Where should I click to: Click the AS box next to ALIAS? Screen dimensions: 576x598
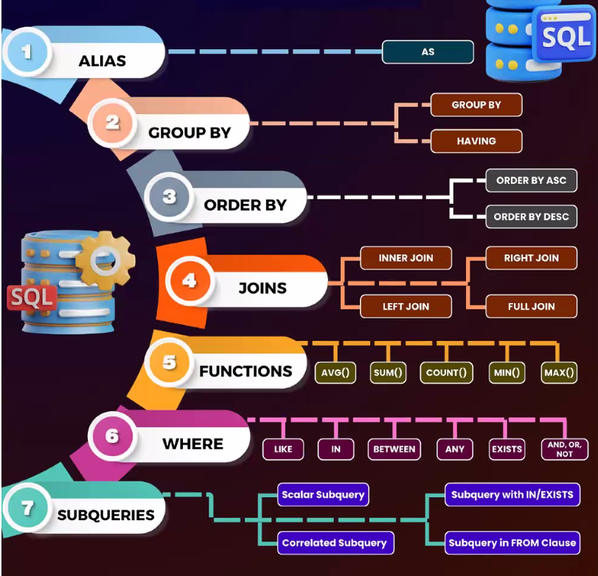pyautogui.click(x=428, y=52)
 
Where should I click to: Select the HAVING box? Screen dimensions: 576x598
pyautogui.click(x=476, y=141)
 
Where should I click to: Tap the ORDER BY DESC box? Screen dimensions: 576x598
pyautogui.click(x=531, y=217)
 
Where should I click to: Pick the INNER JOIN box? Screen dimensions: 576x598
pyautogui.click(x=406, y=259)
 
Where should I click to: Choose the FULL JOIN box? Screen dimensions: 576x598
pyautogui.click(x=531, y=306)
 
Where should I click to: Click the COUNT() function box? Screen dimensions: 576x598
pyautogui.click(x=446, y=373)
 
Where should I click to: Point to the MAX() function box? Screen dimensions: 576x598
pyautogui.click(x=559, y=373)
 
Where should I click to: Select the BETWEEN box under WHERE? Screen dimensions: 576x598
pyautogui.click(x=394, y=449)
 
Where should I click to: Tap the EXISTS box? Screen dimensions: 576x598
pyautogui.click(x=507, y=449)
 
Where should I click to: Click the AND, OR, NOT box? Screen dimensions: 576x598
pyautogui.click(x=565, y=449)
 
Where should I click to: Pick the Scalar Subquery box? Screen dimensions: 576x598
pyautogui.click(x=323, y=495)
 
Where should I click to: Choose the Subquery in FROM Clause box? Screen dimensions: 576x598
pyautogui.click(x=512, y=543)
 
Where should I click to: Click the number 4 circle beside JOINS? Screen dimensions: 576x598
pyautogui.click(x=190, y=281)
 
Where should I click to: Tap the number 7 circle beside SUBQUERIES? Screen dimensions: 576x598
pyautogui.click(x=29, y=507)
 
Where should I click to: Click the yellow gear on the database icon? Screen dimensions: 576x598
pyautogui.click(x=105, y=259)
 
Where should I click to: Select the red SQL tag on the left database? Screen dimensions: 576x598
pyautogui.click(x=31, y=298)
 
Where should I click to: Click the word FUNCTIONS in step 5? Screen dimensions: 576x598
pyautogui.click(x=246, y=371)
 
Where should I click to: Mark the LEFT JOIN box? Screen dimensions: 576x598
pyautogui.click(x=406, y=306)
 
